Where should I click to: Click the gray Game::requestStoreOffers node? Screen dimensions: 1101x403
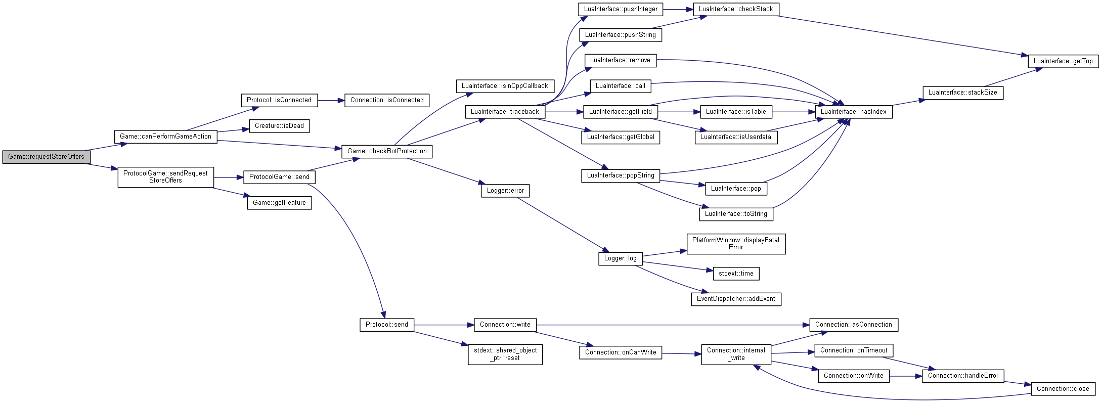(47, 157)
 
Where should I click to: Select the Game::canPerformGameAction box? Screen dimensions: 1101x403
(166, 137)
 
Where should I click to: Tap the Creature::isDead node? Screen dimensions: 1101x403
(279, 126)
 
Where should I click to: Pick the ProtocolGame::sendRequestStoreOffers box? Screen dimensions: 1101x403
(166, 177)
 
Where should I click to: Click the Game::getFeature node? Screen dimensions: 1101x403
(279, 203)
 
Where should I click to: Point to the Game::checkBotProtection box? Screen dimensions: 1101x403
(387, 151)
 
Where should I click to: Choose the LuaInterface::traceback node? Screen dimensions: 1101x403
(505, 112)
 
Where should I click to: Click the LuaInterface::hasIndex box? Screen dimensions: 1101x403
(854, 112)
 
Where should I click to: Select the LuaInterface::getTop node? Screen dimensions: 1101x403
(1063, 61)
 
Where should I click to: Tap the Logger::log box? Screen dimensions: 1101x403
(621, 258)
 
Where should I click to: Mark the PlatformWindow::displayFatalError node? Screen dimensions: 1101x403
(736, 244)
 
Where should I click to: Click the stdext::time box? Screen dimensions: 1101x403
(736, 274)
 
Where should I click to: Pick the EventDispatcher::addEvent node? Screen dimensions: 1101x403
(736, 299)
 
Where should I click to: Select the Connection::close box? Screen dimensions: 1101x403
(1063, 389)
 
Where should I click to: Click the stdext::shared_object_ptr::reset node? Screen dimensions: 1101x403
(505, 354)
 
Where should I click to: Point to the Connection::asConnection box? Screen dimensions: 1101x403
(854, 325)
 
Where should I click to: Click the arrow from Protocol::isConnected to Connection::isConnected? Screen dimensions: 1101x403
(331, 101)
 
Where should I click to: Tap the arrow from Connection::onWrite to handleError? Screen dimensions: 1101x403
(906, 376)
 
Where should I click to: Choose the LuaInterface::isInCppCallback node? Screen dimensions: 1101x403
(505, 86)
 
